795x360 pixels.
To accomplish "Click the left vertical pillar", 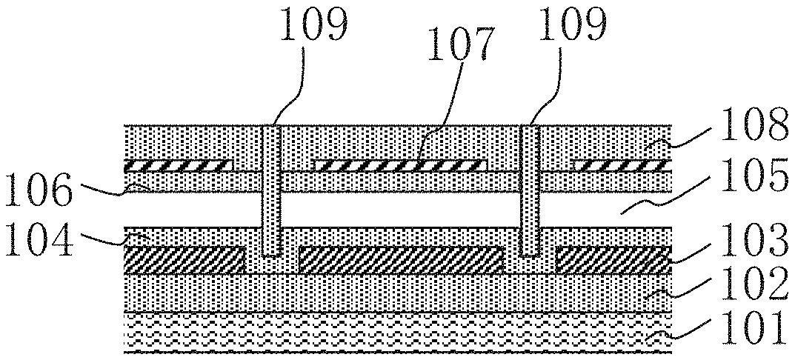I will (x=273, y=190).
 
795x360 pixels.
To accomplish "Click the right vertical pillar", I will (x=530, y=190).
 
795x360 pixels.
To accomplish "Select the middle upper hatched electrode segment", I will (x=401, y=165).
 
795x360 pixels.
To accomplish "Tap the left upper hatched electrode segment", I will (x=179, y=165).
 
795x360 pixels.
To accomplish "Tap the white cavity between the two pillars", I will (x=401, y=209).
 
